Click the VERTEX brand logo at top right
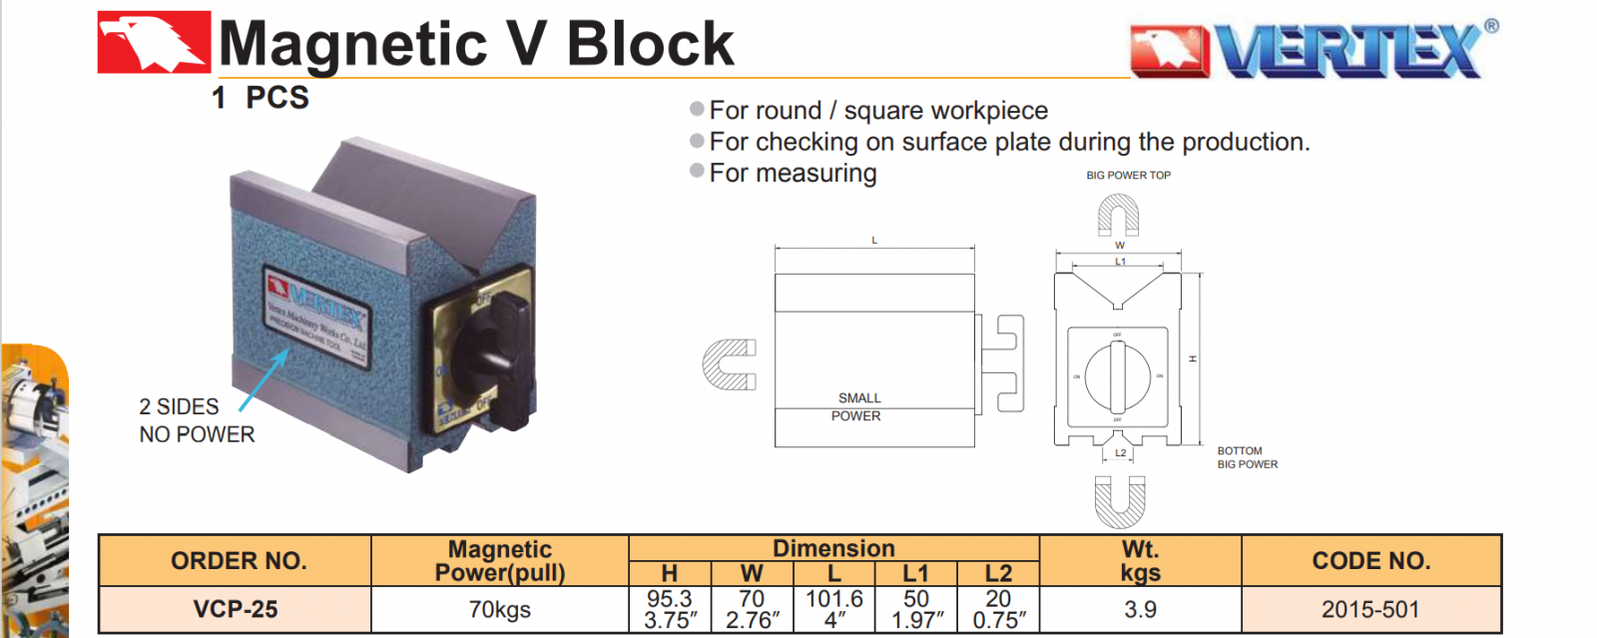click(1314, 49)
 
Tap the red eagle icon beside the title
click(154, 42)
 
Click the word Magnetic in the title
click(351, 45)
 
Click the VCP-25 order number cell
click(236, 609)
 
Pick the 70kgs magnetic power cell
click(499, 609)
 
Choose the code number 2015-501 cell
click(1370, 609)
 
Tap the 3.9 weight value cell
click(1140, 609)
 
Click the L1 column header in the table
click(915, 573)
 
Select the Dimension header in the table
click(833, 548)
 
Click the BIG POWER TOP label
click(1128, 176)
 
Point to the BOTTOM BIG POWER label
click(1247, 457)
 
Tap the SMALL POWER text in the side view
click(857, 406)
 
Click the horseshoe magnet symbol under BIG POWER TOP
click(1118, 215)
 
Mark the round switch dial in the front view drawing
click(1118, 377)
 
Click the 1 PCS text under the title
click(261, 98)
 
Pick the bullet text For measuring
click(793, 173)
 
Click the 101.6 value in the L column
click(833, 599)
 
